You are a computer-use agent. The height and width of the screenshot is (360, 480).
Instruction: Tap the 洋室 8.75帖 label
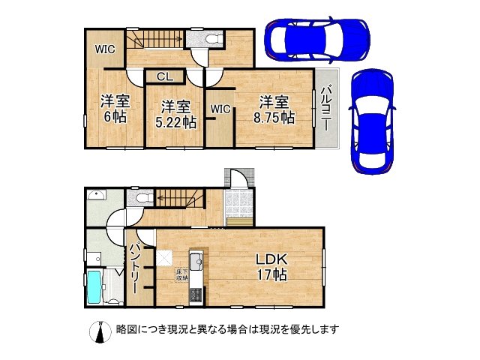coord(274,109)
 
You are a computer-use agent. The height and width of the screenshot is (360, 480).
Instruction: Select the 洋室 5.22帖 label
coord(173,113)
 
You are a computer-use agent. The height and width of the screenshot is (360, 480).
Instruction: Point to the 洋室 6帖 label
coord(113,109)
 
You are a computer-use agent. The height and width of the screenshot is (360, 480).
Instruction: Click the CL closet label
coord(166,76)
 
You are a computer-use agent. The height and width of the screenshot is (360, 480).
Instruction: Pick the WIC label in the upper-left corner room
coord(103,49)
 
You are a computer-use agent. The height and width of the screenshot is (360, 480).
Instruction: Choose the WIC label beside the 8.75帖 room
coord(220,109)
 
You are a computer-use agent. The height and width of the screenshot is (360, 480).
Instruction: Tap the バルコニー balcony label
coord(326,109)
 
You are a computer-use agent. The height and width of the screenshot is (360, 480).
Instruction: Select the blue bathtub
coord(94,288)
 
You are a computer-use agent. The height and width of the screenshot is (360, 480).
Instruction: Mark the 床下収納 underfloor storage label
coord(181,274)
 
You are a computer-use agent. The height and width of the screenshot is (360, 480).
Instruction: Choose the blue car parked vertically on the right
coord(372,120)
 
